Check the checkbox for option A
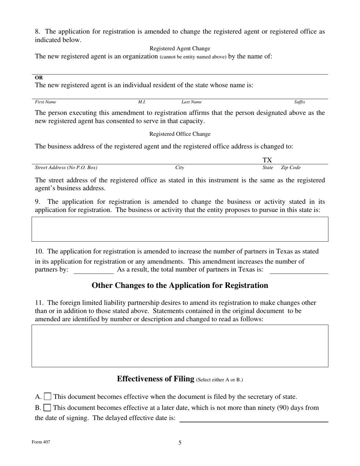tap(48, 397)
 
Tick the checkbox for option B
tap(47, 408)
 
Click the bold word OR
tap(39, 78)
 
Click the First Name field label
tap(45, 102)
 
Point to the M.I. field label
tap(142, 102)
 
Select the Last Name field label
tap(191, 102)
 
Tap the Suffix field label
tap(299, 102)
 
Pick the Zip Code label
tap(291, 167)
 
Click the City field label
tap(180, 167)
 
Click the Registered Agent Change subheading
tap(180, 48)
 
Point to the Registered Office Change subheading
tap(180, 134)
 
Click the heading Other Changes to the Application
tap(180, 285)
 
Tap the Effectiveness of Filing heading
tap(156, 379)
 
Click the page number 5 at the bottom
tap(180, 443)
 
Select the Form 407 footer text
tap(41, 442)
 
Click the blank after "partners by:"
tap(93, 270)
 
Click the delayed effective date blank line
tap(253, 418)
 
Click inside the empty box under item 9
tap(180, 229)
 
